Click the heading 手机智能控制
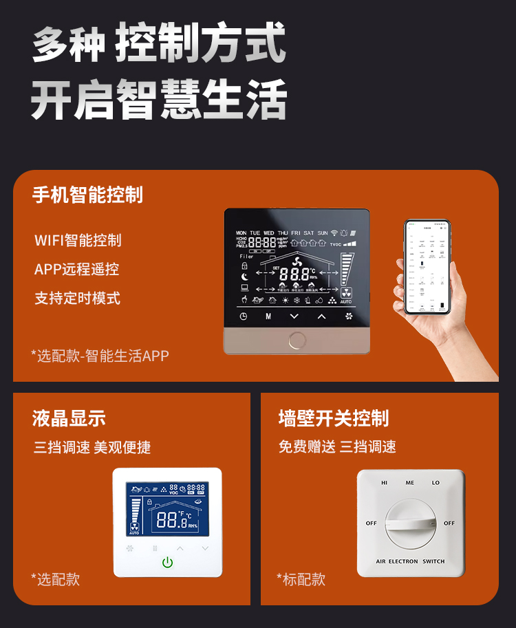[87, 195]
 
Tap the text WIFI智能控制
[78, 240]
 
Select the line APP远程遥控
[76, 269]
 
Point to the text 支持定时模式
[77, 299]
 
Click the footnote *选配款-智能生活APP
[100, 356]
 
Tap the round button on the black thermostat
[297, 340]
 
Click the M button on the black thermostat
[268, 316]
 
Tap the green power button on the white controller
[167, 563]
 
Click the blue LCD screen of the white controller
[167, 508]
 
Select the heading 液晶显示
[69, 418]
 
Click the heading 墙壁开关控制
[334, 418]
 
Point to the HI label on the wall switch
[385, 483]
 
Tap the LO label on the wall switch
[436, 483]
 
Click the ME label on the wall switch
[410, 483]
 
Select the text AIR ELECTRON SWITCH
[410, 561]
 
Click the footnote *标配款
[301, 579]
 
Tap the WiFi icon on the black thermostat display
[334, 233]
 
